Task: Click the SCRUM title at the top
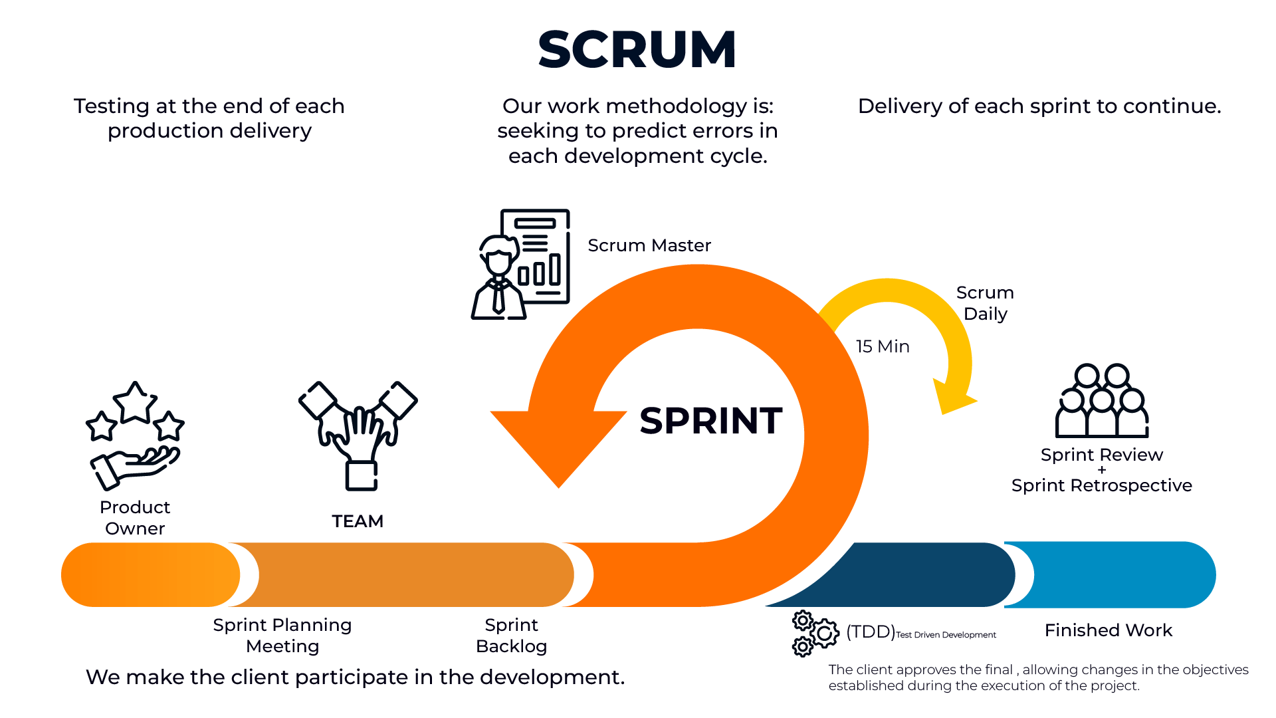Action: pyautogui.click(x=637, y=50)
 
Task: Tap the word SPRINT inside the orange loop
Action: pyautogui.click(x=710, y=421)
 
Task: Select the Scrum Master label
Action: pyautogui.click(x=649, y=245)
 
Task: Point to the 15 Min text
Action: pyautogui.click(x=883, y=346)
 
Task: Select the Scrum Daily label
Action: pyautogui.click(x=985, y=303)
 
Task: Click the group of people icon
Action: pyautogui.click(x=1102, y=401)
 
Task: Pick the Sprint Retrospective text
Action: pyautogui.click(x=1101, y=485)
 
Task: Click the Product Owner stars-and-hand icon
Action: pyautogui.click(x=135, y=435)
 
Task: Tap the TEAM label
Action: pyautogui.click(x=358, y=521)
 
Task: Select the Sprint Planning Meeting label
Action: pyautogui.click(x=282, y=636)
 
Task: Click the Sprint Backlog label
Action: pyautogui.click(x=511, y=636)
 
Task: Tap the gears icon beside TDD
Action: pyautogui.click(x=815, y=633)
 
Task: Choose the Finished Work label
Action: pyautogui.click(x=1108, y=630)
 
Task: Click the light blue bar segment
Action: pyautogui.click(x=1123, y=574)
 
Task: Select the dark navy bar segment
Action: pyautogui.click(x=924, y=574)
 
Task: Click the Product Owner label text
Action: pyautogui.click(x=135, y=518)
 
